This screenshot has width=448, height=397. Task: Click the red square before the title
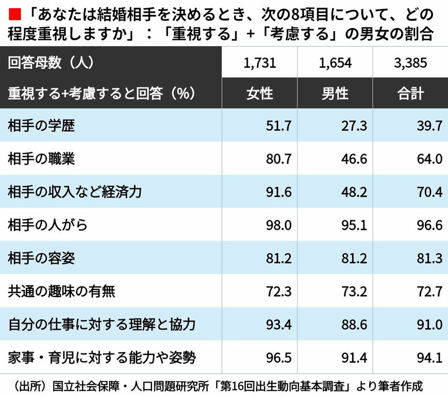(13, 11)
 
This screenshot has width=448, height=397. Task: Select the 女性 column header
(260, 93)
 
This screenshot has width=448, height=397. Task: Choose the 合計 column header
(410, 93)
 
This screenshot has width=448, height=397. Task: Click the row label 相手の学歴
(41, 125)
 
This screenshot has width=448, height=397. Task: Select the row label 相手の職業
(41, 159)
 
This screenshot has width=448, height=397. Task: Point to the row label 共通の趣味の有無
(61, 292)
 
